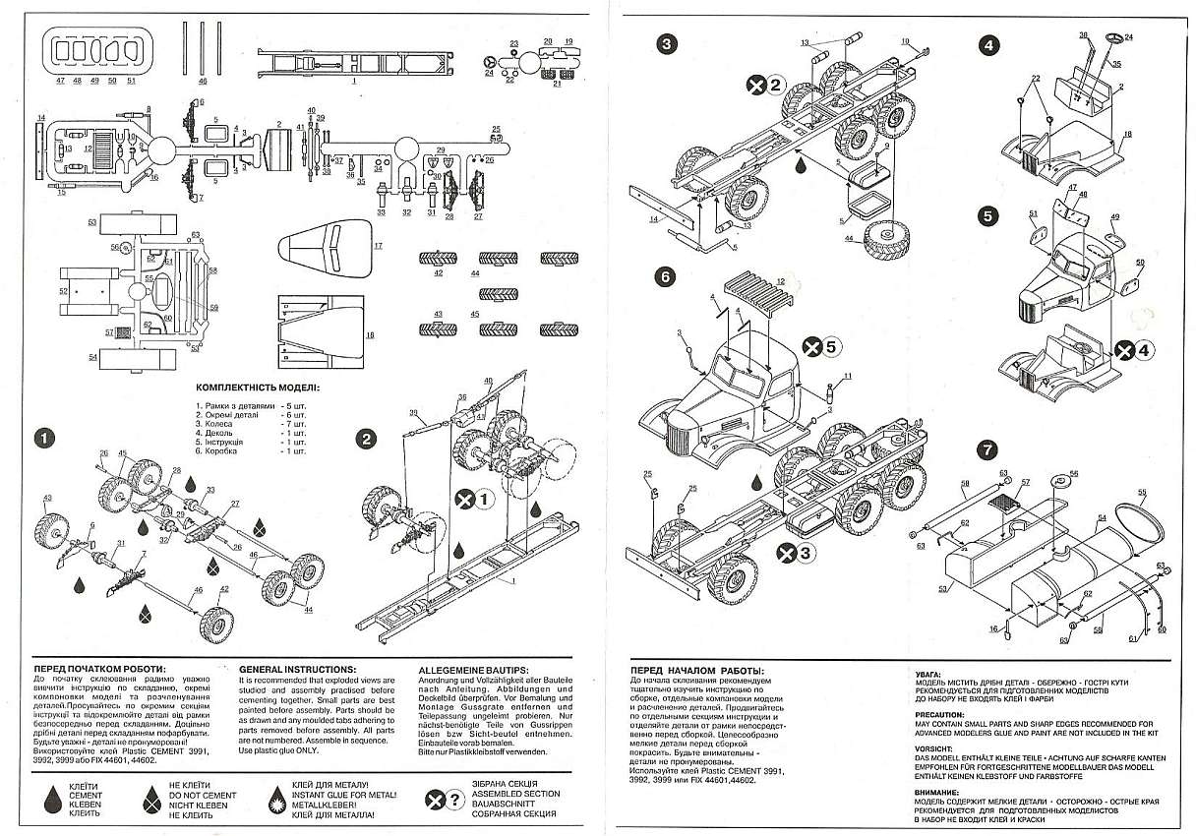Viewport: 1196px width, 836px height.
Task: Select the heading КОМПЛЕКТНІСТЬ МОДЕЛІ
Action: click(x=258, y=388)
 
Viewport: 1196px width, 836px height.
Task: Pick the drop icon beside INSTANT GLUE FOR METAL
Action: click(x=278, y=796)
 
